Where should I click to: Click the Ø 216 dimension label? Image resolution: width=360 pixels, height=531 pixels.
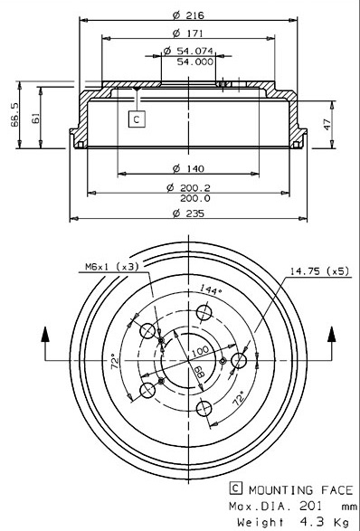188,15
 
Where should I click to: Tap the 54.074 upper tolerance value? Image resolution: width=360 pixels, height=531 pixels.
194,51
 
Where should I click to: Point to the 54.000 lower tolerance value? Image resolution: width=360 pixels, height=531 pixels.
195,62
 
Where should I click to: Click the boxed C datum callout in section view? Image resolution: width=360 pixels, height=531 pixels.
137,119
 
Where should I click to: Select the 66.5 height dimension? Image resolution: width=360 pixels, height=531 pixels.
14,115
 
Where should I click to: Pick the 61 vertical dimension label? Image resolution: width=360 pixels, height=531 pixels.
35,119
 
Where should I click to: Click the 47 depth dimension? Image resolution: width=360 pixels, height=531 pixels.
327,124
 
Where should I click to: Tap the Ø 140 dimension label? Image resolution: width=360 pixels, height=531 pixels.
188,168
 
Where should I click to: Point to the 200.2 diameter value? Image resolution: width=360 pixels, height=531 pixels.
195,187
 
